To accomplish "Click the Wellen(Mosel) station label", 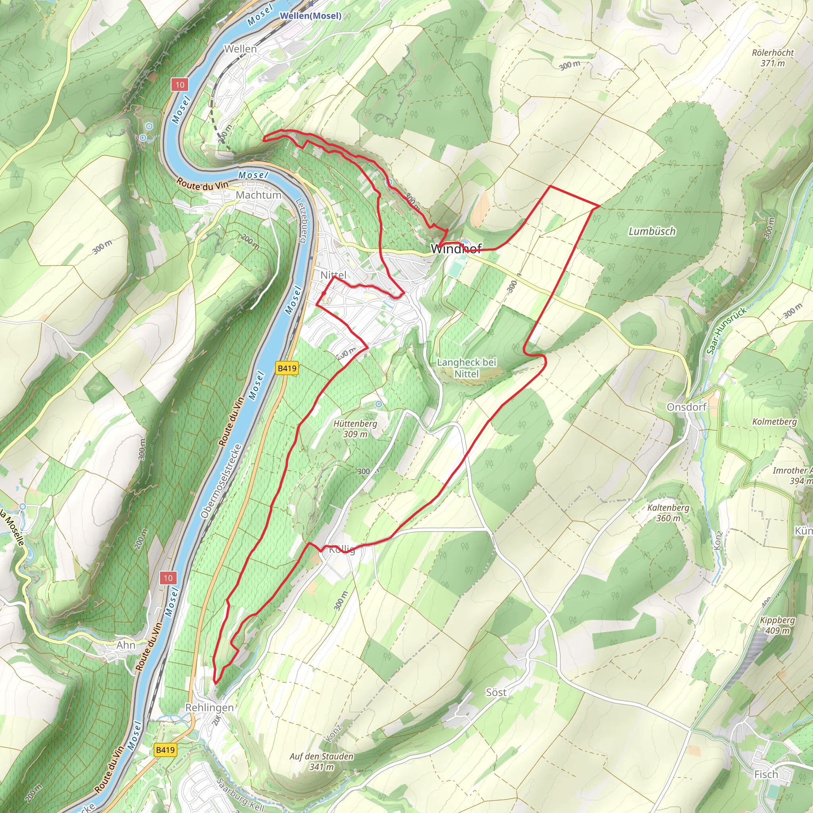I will [310, 16].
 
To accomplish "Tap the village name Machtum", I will [258, 195].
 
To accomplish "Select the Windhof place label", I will [456, 249].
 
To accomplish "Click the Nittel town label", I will [333, 275].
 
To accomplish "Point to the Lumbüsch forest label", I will [652, 231].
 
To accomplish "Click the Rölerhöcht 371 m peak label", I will [773, 58].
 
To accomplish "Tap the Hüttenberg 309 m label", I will [355, 429].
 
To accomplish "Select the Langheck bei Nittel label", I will [466, 368].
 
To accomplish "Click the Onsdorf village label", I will [686, 407].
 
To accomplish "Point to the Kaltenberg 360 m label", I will [668, 512].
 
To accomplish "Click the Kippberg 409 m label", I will [777, 625].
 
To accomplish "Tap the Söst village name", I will [496, 692].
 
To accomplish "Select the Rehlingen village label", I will [209, 707].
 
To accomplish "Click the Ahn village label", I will [126, 645].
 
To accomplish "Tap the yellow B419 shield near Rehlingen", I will [165, 749].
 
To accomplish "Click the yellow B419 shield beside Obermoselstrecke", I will [287, 368].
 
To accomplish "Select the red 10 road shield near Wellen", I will [180, 85].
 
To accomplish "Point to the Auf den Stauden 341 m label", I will [322, 761].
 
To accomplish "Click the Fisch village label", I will [766, 774].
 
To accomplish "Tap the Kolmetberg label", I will [774, 422].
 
